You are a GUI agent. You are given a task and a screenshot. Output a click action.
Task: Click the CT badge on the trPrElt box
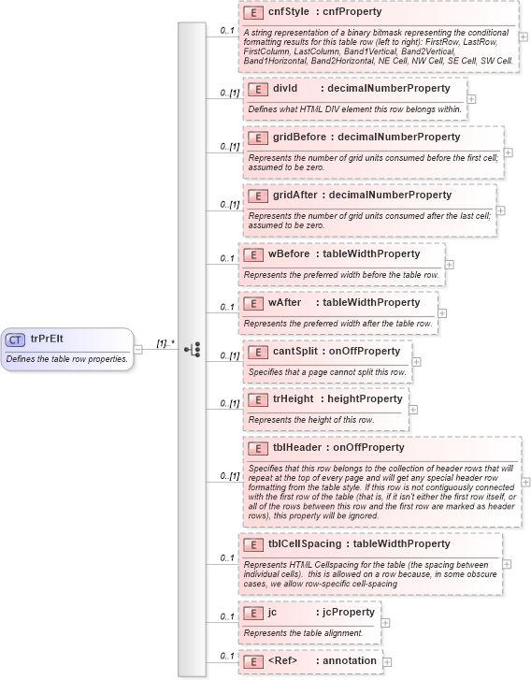[16, 340]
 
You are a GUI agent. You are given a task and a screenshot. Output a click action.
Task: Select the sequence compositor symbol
[192, 349]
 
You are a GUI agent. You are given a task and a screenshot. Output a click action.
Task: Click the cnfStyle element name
[288, 13]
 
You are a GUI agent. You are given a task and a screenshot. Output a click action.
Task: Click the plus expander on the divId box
[471, 97]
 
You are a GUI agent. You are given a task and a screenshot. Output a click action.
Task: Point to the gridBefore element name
[299, 137]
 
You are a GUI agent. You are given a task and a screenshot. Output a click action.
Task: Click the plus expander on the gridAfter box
[501, 210]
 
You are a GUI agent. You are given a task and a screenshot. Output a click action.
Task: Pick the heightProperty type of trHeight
[365, 398]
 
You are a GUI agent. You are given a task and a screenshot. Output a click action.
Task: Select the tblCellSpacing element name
[304, 543]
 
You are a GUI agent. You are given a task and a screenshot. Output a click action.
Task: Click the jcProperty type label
[348, 612]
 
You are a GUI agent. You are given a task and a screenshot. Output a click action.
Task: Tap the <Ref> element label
[282, 660]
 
